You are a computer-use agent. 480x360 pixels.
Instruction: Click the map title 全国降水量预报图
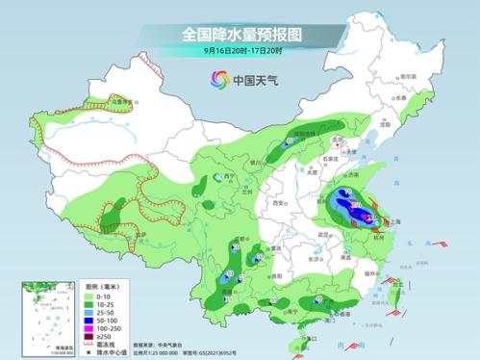tap(240, 34)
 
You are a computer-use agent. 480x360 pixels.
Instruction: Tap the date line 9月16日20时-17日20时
tap(240, 50)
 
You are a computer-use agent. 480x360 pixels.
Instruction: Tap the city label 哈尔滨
tap(408, 76)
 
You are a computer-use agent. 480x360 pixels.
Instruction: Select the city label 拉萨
tap(141, 234)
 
